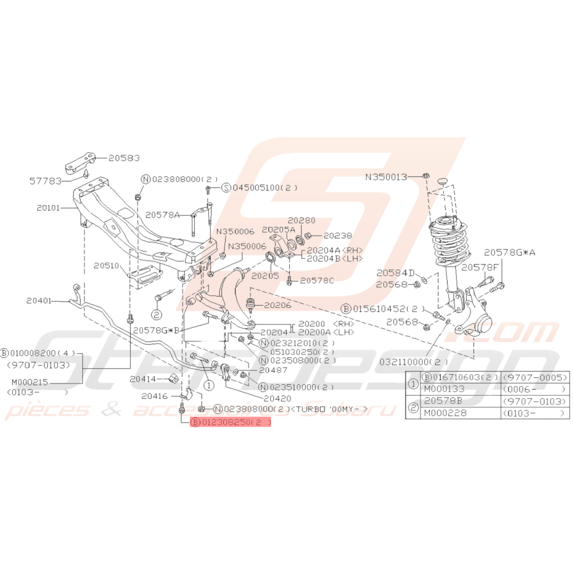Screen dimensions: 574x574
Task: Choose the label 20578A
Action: [163, 215]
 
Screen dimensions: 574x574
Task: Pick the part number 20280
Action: [301, 220]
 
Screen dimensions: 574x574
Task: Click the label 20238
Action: [337, 235]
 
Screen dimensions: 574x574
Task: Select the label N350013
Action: [387, 176]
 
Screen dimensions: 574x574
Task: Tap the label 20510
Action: [106, 266]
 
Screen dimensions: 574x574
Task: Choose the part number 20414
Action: [142, 378]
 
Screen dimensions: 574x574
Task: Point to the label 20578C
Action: [318, 281]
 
